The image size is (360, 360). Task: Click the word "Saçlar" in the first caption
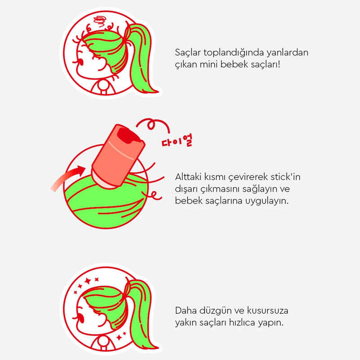[x=188, y=53]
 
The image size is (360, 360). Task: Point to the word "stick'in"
[x=285, y=177]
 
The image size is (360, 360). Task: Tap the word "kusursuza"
[x=267, y=310]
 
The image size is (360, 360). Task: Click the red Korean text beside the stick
[x=177, y=141]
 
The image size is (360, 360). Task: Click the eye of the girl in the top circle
[x=81, y=62]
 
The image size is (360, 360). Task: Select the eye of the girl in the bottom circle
[x=81, y=319]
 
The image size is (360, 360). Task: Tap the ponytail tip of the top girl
[x=156, y=92]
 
